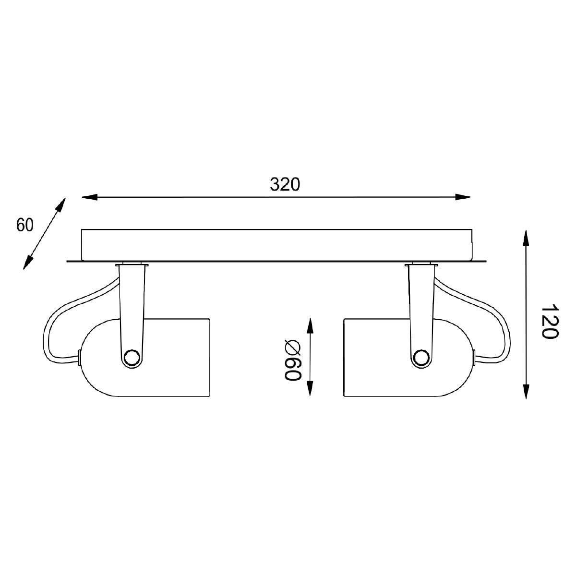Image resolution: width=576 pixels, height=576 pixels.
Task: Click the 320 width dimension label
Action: [285, 184]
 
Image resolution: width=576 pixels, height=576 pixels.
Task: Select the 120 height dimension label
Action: [550, 321]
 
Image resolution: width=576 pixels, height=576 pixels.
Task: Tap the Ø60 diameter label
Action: [292, 360]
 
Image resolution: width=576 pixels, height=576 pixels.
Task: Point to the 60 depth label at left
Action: [25, 225]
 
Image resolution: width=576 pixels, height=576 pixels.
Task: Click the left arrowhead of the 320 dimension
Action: [90, 197]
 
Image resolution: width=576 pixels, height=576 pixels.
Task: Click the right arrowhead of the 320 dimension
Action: [462, 197]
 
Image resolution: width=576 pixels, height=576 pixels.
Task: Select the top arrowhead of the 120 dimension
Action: [526, 238]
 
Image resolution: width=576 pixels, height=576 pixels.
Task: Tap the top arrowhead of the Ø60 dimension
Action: [310, 325]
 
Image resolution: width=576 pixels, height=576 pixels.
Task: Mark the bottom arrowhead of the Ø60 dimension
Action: [310, 388]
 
